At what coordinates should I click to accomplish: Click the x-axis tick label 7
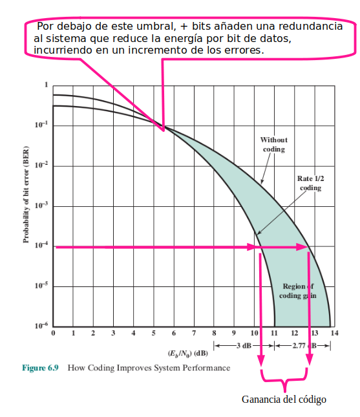(x=194, y=333)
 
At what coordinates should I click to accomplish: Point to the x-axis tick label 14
(x=335, y=333)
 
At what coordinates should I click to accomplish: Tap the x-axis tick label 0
(x=53, y=333)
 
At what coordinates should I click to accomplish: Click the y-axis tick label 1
(x=47, y=85)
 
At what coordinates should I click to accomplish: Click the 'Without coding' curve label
(x=274, y=144)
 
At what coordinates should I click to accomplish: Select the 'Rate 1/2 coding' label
(x=310, y=183)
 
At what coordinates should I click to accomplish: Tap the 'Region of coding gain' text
(x=298, y=291)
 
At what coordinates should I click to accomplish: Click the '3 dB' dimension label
(x=244, y=345)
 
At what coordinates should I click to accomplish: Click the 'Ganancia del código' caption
(x=284, y=400)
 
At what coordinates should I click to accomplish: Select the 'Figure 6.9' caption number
(x=40, y=368)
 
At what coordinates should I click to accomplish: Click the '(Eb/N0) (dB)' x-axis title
(x=187, y=354)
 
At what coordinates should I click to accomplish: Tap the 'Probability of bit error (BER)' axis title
(x=26, y=195)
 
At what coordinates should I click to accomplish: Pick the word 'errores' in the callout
(x=244, y=50)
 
